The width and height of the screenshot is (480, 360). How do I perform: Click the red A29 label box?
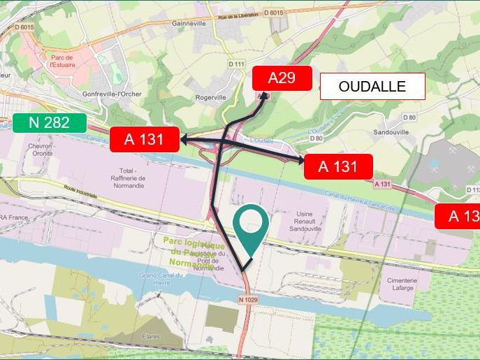tap(282, 78)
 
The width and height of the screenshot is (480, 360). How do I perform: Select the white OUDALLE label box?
tap(372, 87)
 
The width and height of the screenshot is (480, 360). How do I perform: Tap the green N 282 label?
tap(50, 123)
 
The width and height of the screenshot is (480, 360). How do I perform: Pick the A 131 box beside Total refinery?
tap(144, 139)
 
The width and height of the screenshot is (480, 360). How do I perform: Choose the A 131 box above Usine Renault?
tap(337, 166)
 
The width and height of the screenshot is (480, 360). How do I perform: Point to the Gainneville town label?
tap(189, 22)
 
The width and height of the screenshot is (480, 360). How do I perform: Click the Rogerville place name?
tap(210, 97)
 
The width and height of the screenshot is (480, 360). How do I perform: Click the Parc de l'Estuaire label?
tap(62, 61)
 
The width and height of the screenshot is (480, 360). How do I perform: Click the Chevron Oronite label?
tap(41, 150)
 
